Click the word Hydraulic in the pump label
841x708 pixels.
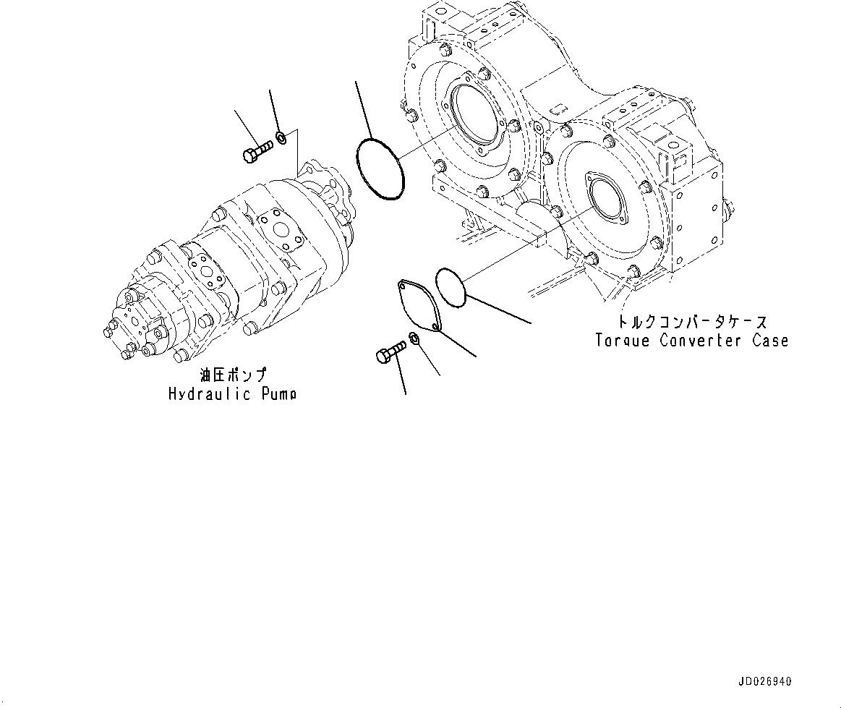pos(210,394)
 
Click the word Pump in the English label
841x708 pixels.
pos(276,394)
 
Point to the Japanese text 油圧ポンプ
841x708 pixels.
pos(233,375)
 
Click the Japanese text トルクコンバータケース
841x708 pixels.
pos(692,322)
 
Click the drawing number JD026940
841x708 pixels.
pos(765,682)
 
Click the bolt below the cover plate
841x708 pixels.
pos(389,354)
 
